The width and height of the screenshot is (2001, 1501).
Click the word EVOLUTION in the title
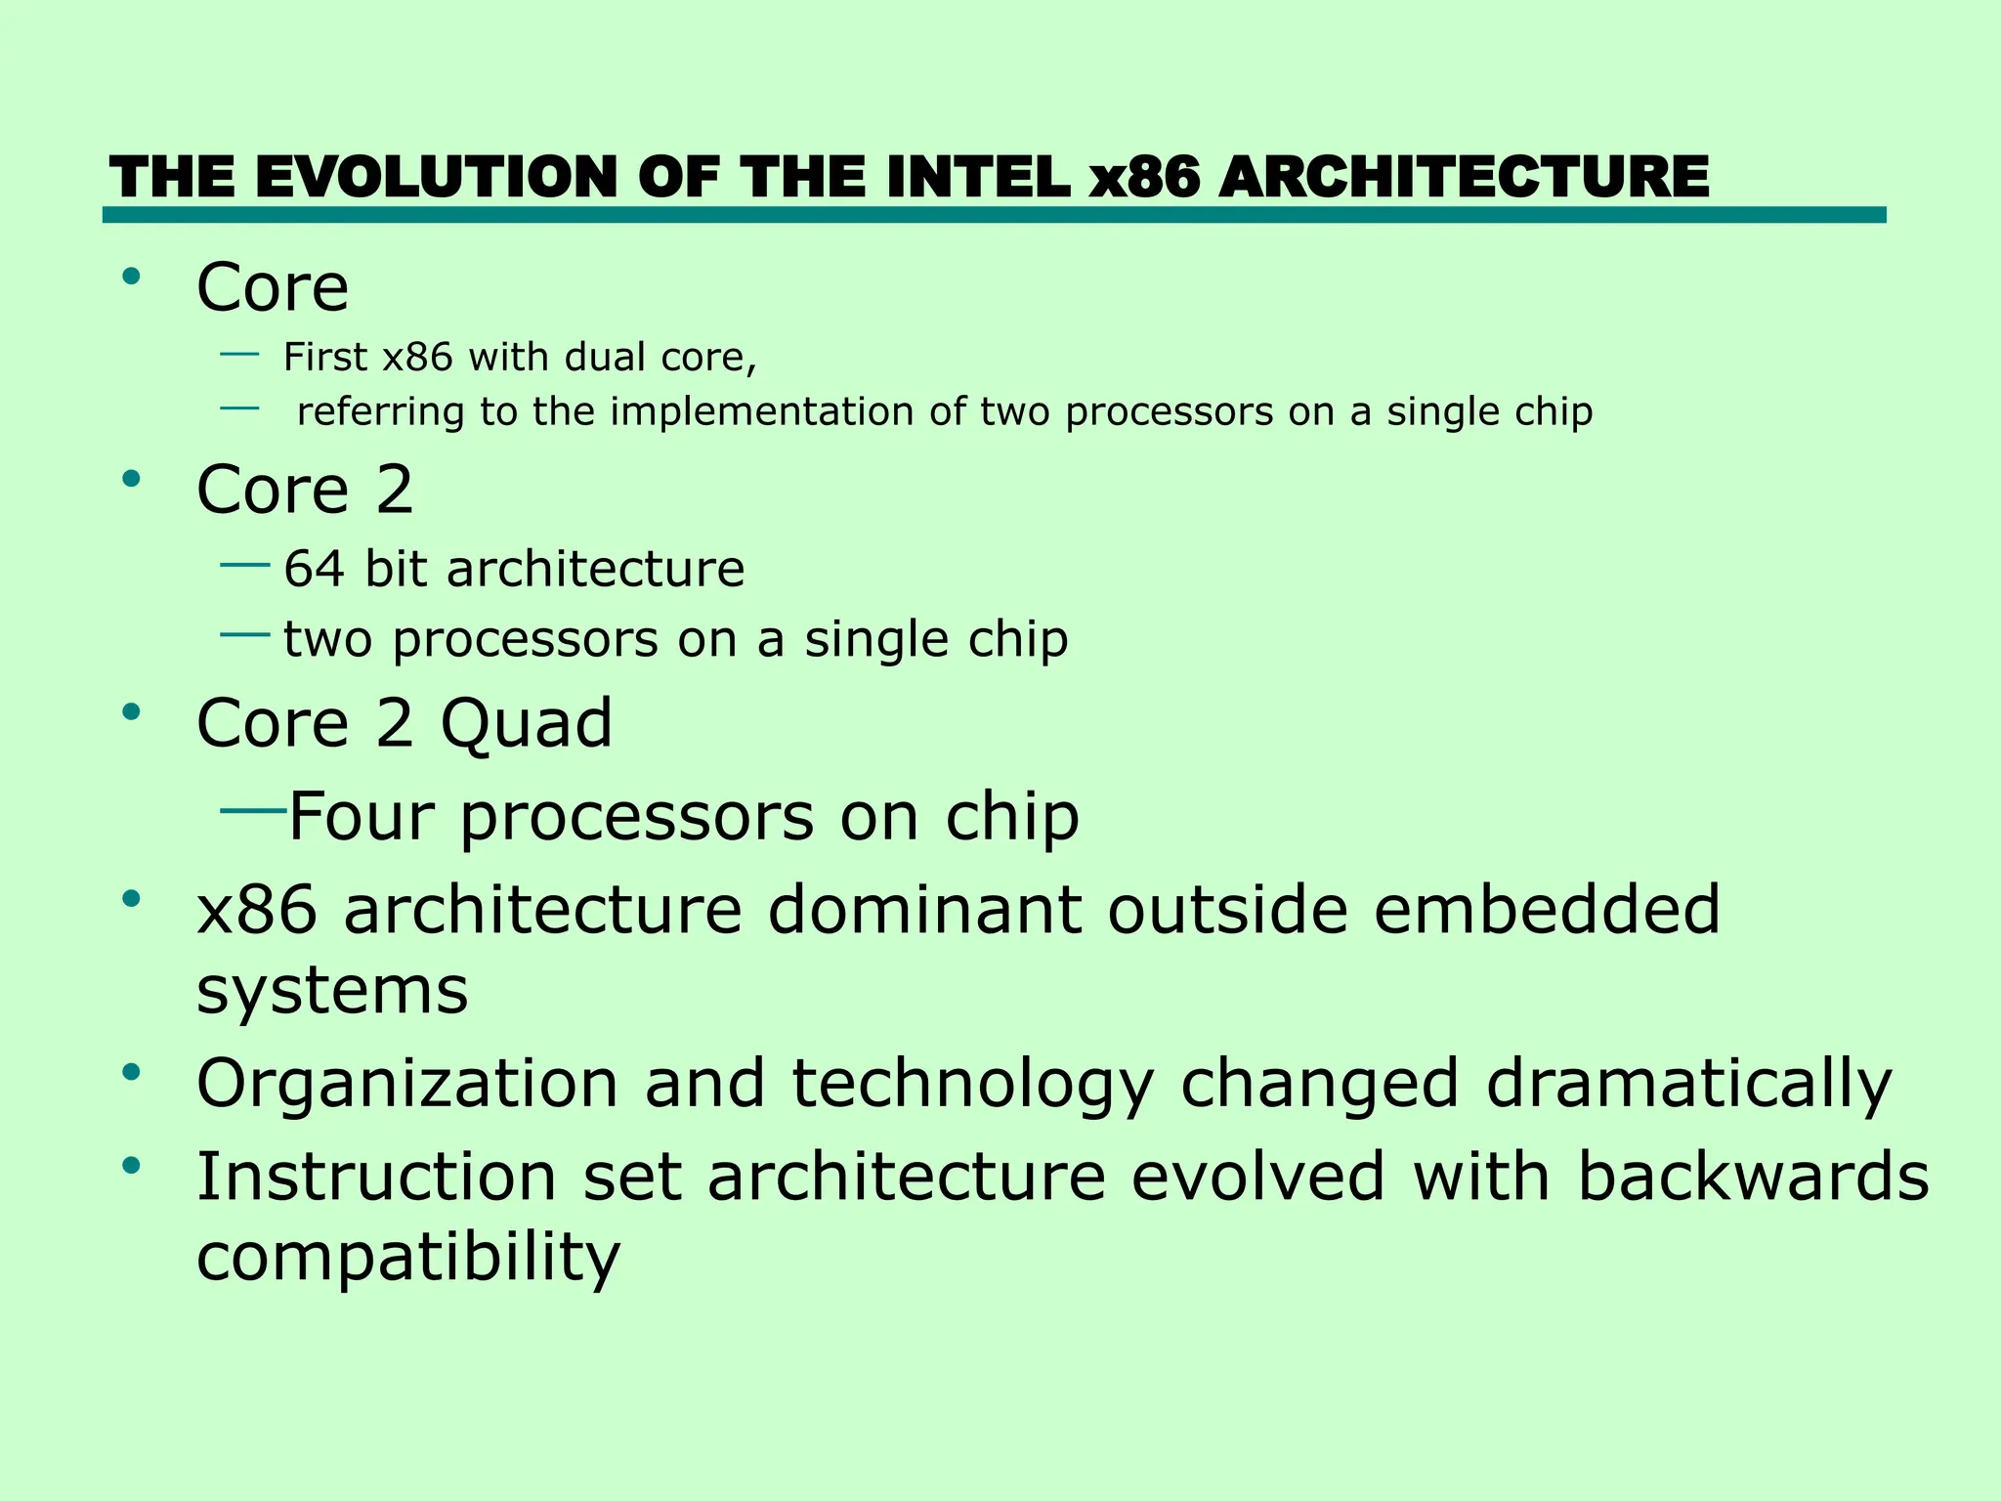coord(440,178)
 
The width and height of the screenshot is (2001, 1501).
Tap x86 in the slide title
coord(1144,178)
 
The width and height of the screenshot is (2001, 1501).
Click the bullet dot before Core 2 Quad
coord(132,712)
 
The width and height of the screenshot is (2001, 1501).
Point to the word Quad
coord(526,725)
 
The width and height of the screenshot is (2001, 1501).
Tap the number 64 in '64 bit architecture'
coord(314,569)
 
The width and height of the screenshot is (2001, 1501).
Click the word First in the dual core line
coord(325,358)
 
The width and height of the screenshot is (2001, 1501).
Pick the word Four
coord(361,817)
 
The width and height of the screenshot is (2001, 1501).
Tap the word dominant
coord(923,910)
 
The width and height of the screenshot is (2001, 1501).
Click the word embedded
coord(1546,910)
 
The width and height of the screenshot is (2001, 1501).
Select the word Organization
coord(407,1085)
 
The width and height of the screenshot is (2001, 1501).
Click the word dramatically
coord(1688,1085)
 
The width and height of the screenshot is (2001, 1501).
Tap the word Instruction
coord(376,1177)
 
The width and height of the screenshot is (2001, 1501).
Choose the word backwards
coord(1753,1177)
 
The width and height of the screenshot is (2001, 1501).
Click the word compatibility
coord(407,1259)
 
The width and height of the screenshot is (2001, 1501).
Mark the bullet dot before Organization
coord(132,1073)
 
